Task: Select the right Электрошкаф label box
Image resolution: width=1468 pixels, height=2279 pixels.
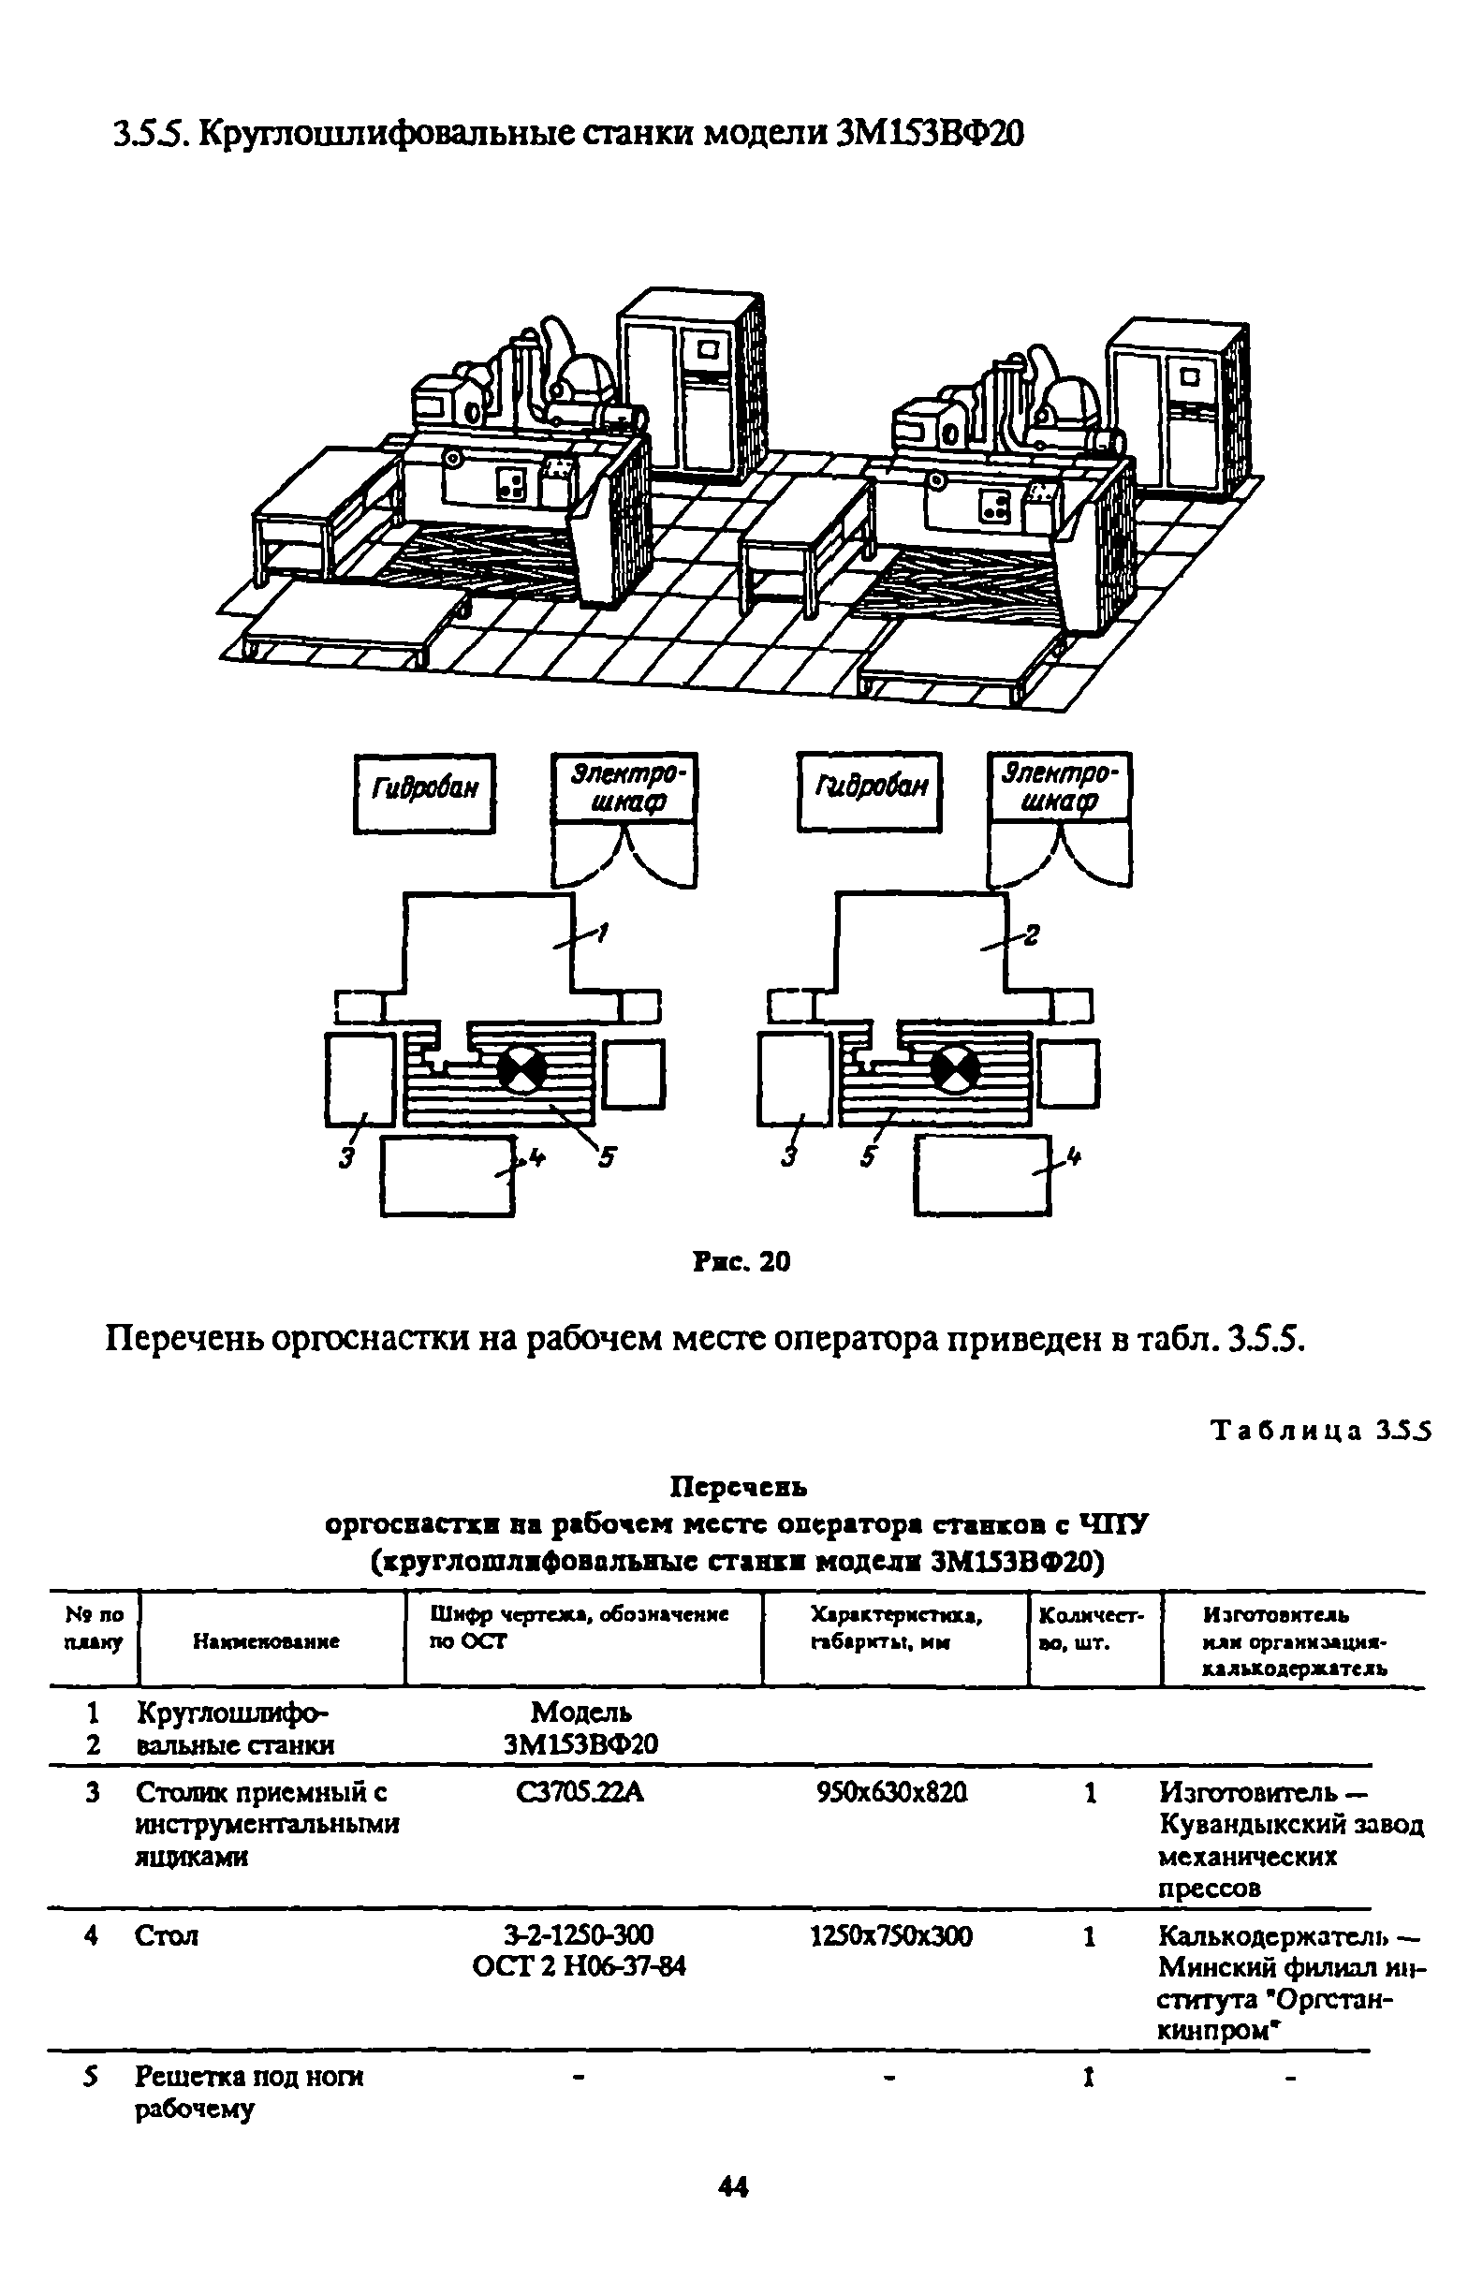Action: [x=1058, y=787]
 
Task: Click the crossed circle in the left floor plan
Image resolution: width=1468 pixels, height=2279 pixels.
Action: [x=522, y=1069]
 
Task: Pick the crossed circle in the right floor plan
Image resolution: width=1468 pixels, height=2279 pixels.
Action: [x=953, y=1069]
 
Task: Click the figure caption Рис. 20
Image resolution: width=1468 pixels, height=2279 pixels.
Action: [x=741, y=1262]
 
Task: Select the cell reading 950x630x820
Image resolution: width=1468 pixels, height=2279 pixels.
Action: [x=892, y=1793]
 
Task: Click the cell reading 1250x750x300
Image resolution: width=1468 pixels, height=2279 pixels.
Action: [x=891, y=1935]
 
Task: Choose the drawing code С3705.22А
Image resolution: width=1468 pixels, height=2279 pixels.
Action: [x=580, y=1793]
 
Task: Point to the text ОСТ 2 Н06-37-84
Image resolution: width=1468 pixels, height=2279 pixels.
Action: [x=580, y=1965]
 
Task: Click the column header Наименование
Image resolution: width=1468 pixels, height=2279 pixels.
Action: [x=266, y=1641]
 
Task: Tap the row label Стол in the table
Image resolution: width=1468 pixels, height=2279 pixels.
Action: [x=167, y=1936]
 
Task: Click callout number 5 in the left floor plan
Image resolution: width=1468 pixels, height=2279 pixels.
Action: [x=607, y=1157]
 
